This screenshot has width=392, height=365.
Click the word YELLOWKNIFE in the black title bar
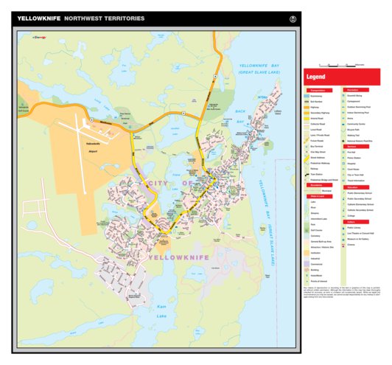(x=39, y=18)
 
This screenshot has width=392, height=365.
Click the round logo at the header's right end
(x=293, y=18)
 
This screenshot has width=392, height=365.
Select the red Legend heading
(x=316, y=77)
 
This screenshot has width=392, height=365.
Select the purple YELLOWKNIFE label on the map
(x=179, y=257)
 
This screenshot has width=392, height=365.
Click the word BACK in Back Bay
(x=239, y=112)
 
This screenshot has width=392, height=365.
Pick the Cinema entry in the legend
(x=352, y=245)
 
